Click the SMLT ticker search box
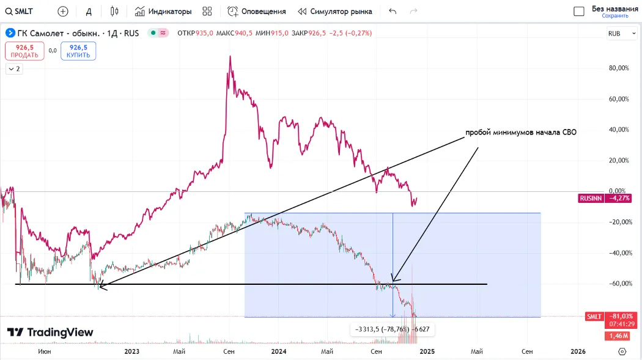click(x=20, y=11)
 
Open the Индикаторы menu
click(x=163, y=11)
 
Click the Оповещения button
click(x=257, y=11)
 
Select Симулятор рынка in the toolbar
click(x=335, y=11)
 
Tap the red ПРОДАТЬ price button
click(x=24, y=51)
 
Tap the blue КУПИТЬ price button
click(x=78, y=51)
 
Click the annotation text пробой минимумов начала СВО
click(x=521, y=132)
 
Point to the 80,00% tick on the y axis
click(x=619, y=68)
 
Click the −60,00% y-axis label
click(x=619, y=284)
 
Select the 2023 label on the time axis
click(x=131, y=351)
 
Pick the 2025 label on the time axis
click(x=427, y=351)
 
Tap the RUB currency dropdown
click(x=617, y=34)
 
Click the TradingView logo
click(x=50, y=332)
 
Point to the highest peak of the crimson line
click(x=230, y=56)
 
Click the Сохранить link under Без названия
click(x=614, y=16)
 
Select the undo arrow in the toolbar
click(x=393, y=11)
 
